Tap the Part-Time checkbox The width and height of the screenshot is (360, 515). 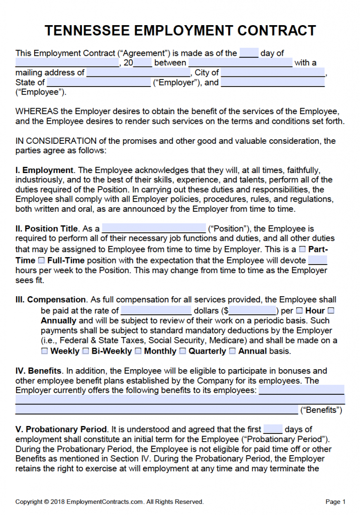click(302, 249)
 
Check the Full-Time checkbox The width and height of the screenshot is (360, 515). click(41, 261)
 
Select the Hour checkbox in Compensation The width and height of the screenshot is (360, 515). click(300, 311)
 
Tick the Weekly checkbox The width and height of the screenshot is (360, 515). click(44, 351)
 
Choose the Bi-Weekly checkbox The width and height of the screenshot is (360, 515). click(85, 351)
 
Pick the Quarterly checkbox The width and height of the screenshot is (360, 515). click(183, 351)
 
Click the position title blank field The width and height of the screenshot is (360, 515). click(154, 228)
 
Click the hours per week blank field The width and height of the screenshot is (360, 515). click(317, 260)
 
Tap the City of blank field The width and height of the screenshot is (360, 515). click(273, 72)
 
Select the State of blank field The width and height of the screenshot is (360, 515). click(99, 82)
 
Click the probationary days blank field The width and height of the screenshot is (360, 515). click(273, 429)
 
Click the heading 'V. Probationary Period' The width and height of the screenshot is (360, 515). click(62, 430)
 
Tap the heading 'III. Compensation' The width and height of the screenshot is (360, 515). click(50, 300)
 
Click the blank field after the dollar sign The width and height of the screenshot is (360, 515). click(253, 310)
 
